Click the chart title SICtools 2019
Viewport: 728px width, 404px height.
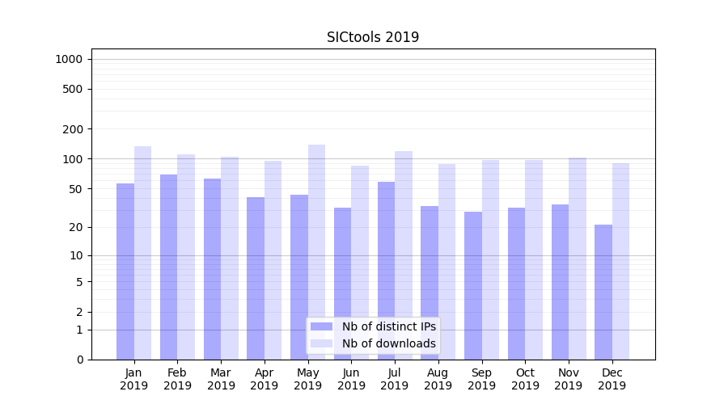tap(373, 37)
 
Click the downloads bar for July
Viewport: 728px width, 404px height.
tap(404, 255)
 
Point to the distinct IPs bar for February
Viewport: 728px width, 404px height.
tap(168, 267)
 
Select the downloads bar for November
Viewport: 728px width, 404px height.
tap(578, 259)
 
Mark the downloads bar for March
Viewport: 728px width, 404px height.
tap(230, 258)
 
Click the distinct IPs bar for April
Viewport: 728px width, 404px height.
tap(256, 278)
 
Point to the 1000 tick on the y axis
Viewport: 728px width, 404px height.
tap(69, 59)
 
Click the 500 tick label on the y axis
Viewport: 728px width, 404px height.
tap(74, 89)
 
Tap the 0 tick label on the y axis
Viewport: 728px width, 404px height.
tap(80, 360)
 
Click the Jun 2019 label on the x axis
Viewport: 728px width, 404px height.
tap(351, 379)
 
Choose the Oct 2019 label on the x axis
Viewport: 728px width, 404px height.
tap(525, 379)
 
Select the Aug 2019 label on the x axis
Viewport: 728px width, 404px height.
tap(438, 379)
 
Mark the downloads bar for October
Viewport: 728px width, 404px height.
tap(534, 259)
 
